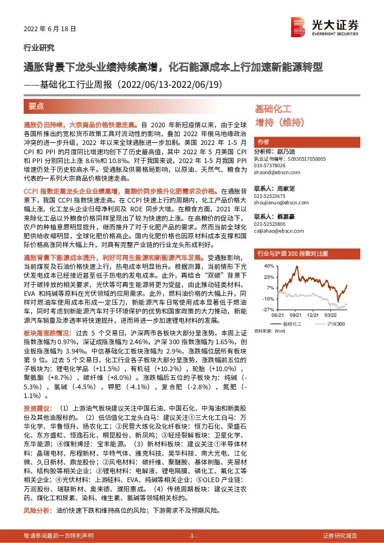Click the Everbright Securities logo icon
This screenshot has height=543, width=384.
(x=297, y=26)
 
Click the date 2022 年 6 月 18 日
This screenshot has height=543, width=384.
(x=49, y=29)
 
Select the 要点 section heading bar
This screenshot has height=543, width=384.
(x=134, y=106)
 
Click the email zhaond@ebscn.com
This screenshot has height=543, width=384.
(x=277, y=172)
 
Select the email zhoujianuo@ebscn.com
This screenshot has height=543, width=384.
(x=281, y=203)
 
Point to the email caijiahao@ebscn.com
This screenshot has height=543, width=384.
(x=279, y=231)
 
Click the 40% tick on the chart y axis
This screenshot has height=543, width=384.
(x=269, y=266)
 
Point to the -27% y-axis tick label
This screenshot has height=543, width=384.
(x=268, y=309)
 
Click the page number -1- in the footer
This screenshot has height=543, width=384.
(x=192, y=536)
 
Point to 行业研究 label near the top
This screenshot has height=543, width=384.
(x=39, y=47)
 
